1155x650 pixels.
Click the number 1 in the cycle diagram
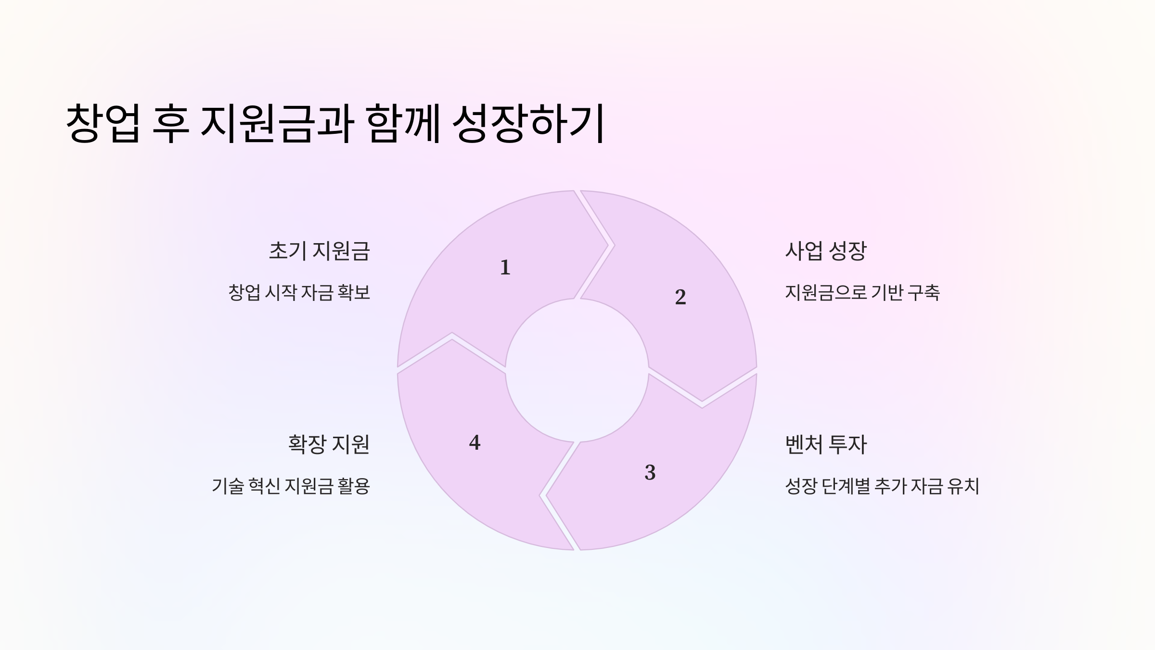click(x=505, y=267)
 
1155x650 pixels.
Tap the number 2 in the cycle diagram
click(x=680, y=297)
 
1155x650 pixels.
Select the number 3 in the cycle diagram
click(x=650, y=472)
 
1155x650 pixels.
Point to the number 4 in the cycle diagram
click(x=475, y=442)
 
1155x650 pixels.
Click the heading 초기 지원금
click(x=319, y=251)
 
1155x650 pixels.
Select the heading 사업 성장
click(x=825, y=251)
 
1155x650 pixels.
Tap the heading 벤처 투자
click(x=825, y=444)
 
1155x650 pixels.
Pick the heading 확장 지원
click(x=329, y=444)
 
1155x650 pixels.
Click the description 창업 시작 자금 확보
click(x=299, y=293)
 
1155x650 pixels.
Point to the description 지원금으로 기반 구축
click(x=862, y=293)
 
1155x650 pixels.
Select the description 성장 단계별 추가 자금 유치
click(x=882, y=486)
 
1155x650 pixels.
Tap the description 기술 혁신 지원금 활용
click(x=291, y=486)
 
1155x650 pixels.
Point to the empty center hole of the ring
click(x=577, y=370)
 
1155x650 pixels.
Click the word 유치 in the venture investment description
click(x=963, y=486)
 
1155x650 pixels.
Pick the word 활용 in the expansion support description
click(x=354, y=486)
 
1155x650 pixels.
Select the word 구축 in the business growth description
click(x=923, y=293)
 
